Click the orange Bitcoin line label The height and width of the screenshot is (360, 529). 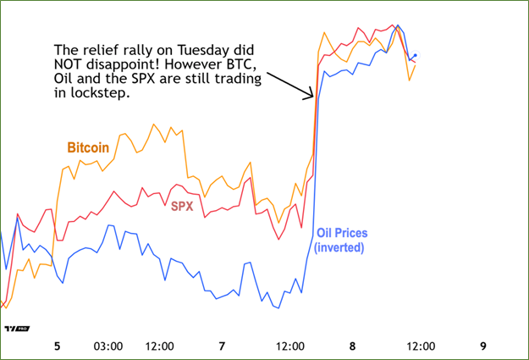[x=88, y=147]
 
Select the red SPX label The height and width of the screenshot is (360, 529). [x=182, y=206]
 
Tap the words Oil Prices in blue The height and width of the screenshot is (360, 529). [x=340, y=233]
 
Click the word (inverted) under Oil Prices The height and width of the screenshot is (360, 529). [x=339, y=247]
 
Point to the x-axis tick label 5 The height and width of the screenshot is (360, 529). [x=57, y=346]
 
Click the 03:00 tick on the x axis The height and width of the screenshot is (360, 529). [x=108, y=346]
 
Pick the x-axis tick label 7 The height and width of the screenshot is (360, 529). [x=222, y=346]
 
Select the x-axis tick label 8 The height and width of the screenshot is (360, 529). [x=352, y=346]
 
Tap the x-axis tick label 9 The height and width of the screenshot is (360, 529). [x=482, y=346]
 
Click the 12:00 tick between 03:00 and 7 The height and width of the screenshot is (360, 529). [x=160, y=346]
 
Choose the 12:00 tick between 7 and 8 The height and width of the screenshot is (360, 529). [x=290, y=346]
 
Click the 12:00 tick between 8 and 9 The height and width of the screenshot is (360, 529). [x=421, y=346]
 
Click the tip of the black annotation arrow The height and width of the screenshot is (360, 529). [x=312, y=98]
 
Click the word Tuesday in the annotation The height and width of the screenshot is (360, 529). [x=179, y=48]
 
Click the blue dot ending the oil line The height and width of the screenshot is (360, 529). [x=415, y=56]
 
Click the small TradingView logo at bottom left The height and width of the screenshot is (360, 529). [x=13, y=329]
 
